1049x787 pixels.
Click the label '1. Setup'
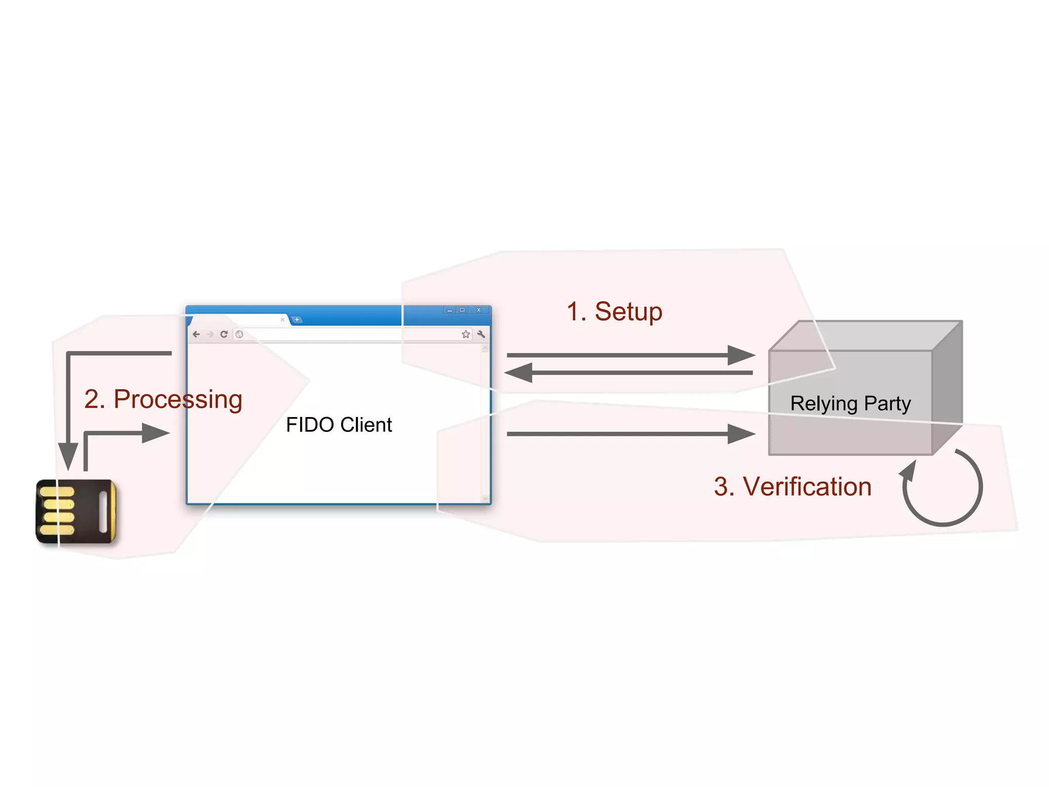[x=614, y=312]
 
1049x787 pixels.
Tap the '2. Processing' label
[x=163, y=399]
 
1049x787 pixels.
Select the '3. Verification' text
[x=792, y=486]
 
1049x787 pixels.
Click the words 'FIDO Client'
[x=339, y=425]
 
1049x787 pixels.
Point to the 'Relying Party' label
[x=850, y=403]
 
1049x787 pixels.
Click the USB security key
[x=76, y=511]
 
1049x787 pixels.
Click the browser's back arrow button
[x=196, y=334]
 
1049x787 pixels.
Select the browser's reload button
[x=224, y=334]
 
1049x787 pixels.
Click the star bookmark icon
[x=466, y=334]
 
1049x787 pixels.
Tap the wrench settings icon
[x=481, y=334]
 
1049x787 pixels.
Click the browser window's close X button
[x=479, y=310]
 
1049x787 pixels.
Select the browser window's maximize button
[x=463, y=310]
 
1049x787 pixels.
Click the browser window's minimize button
[x=450, y=310]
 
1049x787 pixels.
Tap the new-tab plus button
[x=297, y=320]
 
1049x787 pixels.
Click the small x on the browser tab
[x=282, y=320]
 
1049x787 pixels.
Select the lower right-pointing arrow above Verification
[x=630, y=434]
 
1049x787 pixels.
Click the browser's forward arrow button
[x=210, y=334]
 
